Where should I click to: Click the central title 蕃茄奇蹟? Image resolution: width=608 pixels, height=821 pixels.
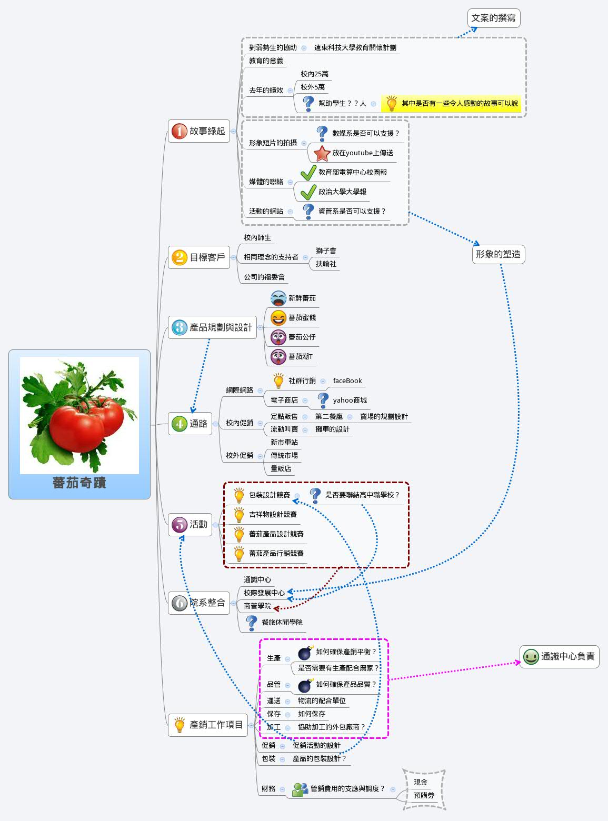pos(79,483)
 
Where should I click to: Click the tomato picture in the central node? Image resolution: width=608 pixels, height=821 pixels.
pos(79,415)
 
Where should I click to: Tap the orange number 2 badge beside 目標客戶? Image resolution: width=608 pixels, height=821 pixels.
pos(180,257)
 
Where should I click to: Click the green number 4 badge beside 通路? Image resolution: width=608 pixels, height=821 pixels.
pos(180,424)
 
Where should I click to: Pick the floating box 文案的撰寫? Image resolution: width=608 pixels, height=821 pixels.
pos(493,18)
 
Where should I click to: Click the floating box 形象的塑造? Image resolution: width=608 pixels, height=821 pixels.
pos(498,254)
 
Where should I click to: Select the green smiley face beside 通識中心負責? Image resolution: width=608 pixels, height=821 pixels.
pos(531,656)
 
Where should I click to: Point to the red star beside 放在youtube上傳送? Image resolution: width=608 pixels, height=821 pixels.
pos(322,153)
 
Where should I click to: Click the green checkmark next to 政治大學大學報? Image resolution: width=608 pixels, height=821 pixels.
pos(308,192)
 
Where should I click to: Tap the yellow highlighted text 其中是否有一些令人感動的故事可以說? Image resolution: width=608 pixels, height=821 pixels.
pos(460,104)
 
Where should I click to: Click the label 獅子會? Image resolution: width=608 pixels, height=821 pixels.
pos(326,251)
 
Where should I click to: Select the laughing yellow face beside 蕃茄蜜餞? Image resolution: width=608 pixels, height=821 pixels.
pos(278,318)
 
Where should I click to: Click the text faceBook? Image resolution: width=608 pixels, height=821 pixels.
pos(347,381)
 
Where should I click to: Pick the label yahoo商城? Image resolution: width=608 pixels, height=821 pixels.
pos(350,401)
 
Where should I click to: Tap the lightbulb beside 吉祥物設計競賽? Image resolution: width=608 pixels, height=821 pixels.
pos(239,515)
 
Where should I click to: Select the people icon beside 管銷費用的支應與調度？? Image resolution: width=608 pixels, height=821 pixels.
pos(300,789)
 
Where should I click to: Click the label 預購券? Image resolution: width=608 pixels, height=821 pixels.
pos(424,796)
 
